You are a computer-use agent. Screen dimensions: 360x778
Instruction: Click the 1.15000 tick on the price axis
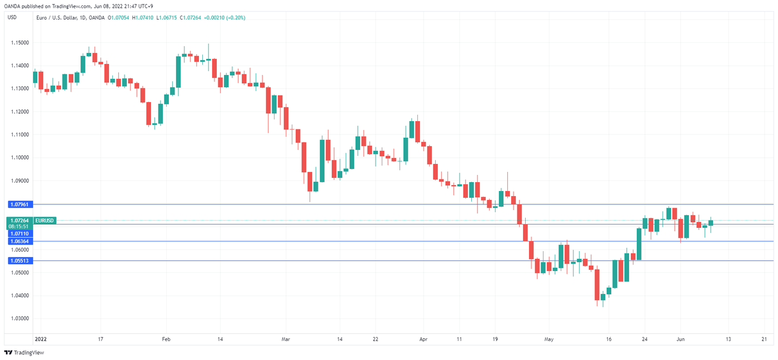19,43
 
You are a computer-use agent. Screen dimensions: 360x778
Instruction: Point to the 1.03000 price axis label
19,318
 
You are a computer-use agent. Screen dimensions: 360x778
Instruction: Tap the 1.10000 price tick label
19,158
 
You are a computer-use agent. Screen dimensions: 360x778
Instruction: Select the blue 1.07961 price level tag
19,204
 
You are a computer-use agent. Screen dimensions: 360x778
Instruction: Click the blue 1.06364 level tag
19,241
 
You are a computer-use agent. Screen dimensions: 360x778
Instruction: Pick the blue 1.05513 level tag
19,261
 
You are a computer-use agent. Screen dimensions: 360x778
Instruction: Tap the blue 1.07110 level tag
19,234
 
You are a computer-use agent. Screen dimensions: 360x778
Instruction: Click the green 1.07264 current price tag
19,221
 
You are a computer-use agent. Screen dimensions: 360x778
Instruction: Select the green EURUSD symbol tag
44,221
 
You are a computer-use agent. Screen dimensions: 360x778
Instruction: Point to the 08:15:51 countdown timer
19,227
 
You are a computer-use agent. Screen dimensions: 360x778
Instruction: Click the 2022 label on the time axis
40,338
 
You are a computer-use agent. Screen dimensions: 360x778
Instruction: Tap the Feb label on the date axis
166,338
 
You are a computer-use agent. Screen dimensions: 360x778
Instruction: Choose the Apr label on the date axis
423,338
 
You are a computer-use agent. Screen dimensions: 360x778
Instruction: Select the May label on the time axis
549,338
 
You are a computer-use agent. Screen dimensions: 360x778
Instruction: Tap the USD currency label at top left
12,18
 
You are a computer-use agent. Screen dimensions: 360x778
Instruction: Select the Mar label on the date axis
286,338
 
